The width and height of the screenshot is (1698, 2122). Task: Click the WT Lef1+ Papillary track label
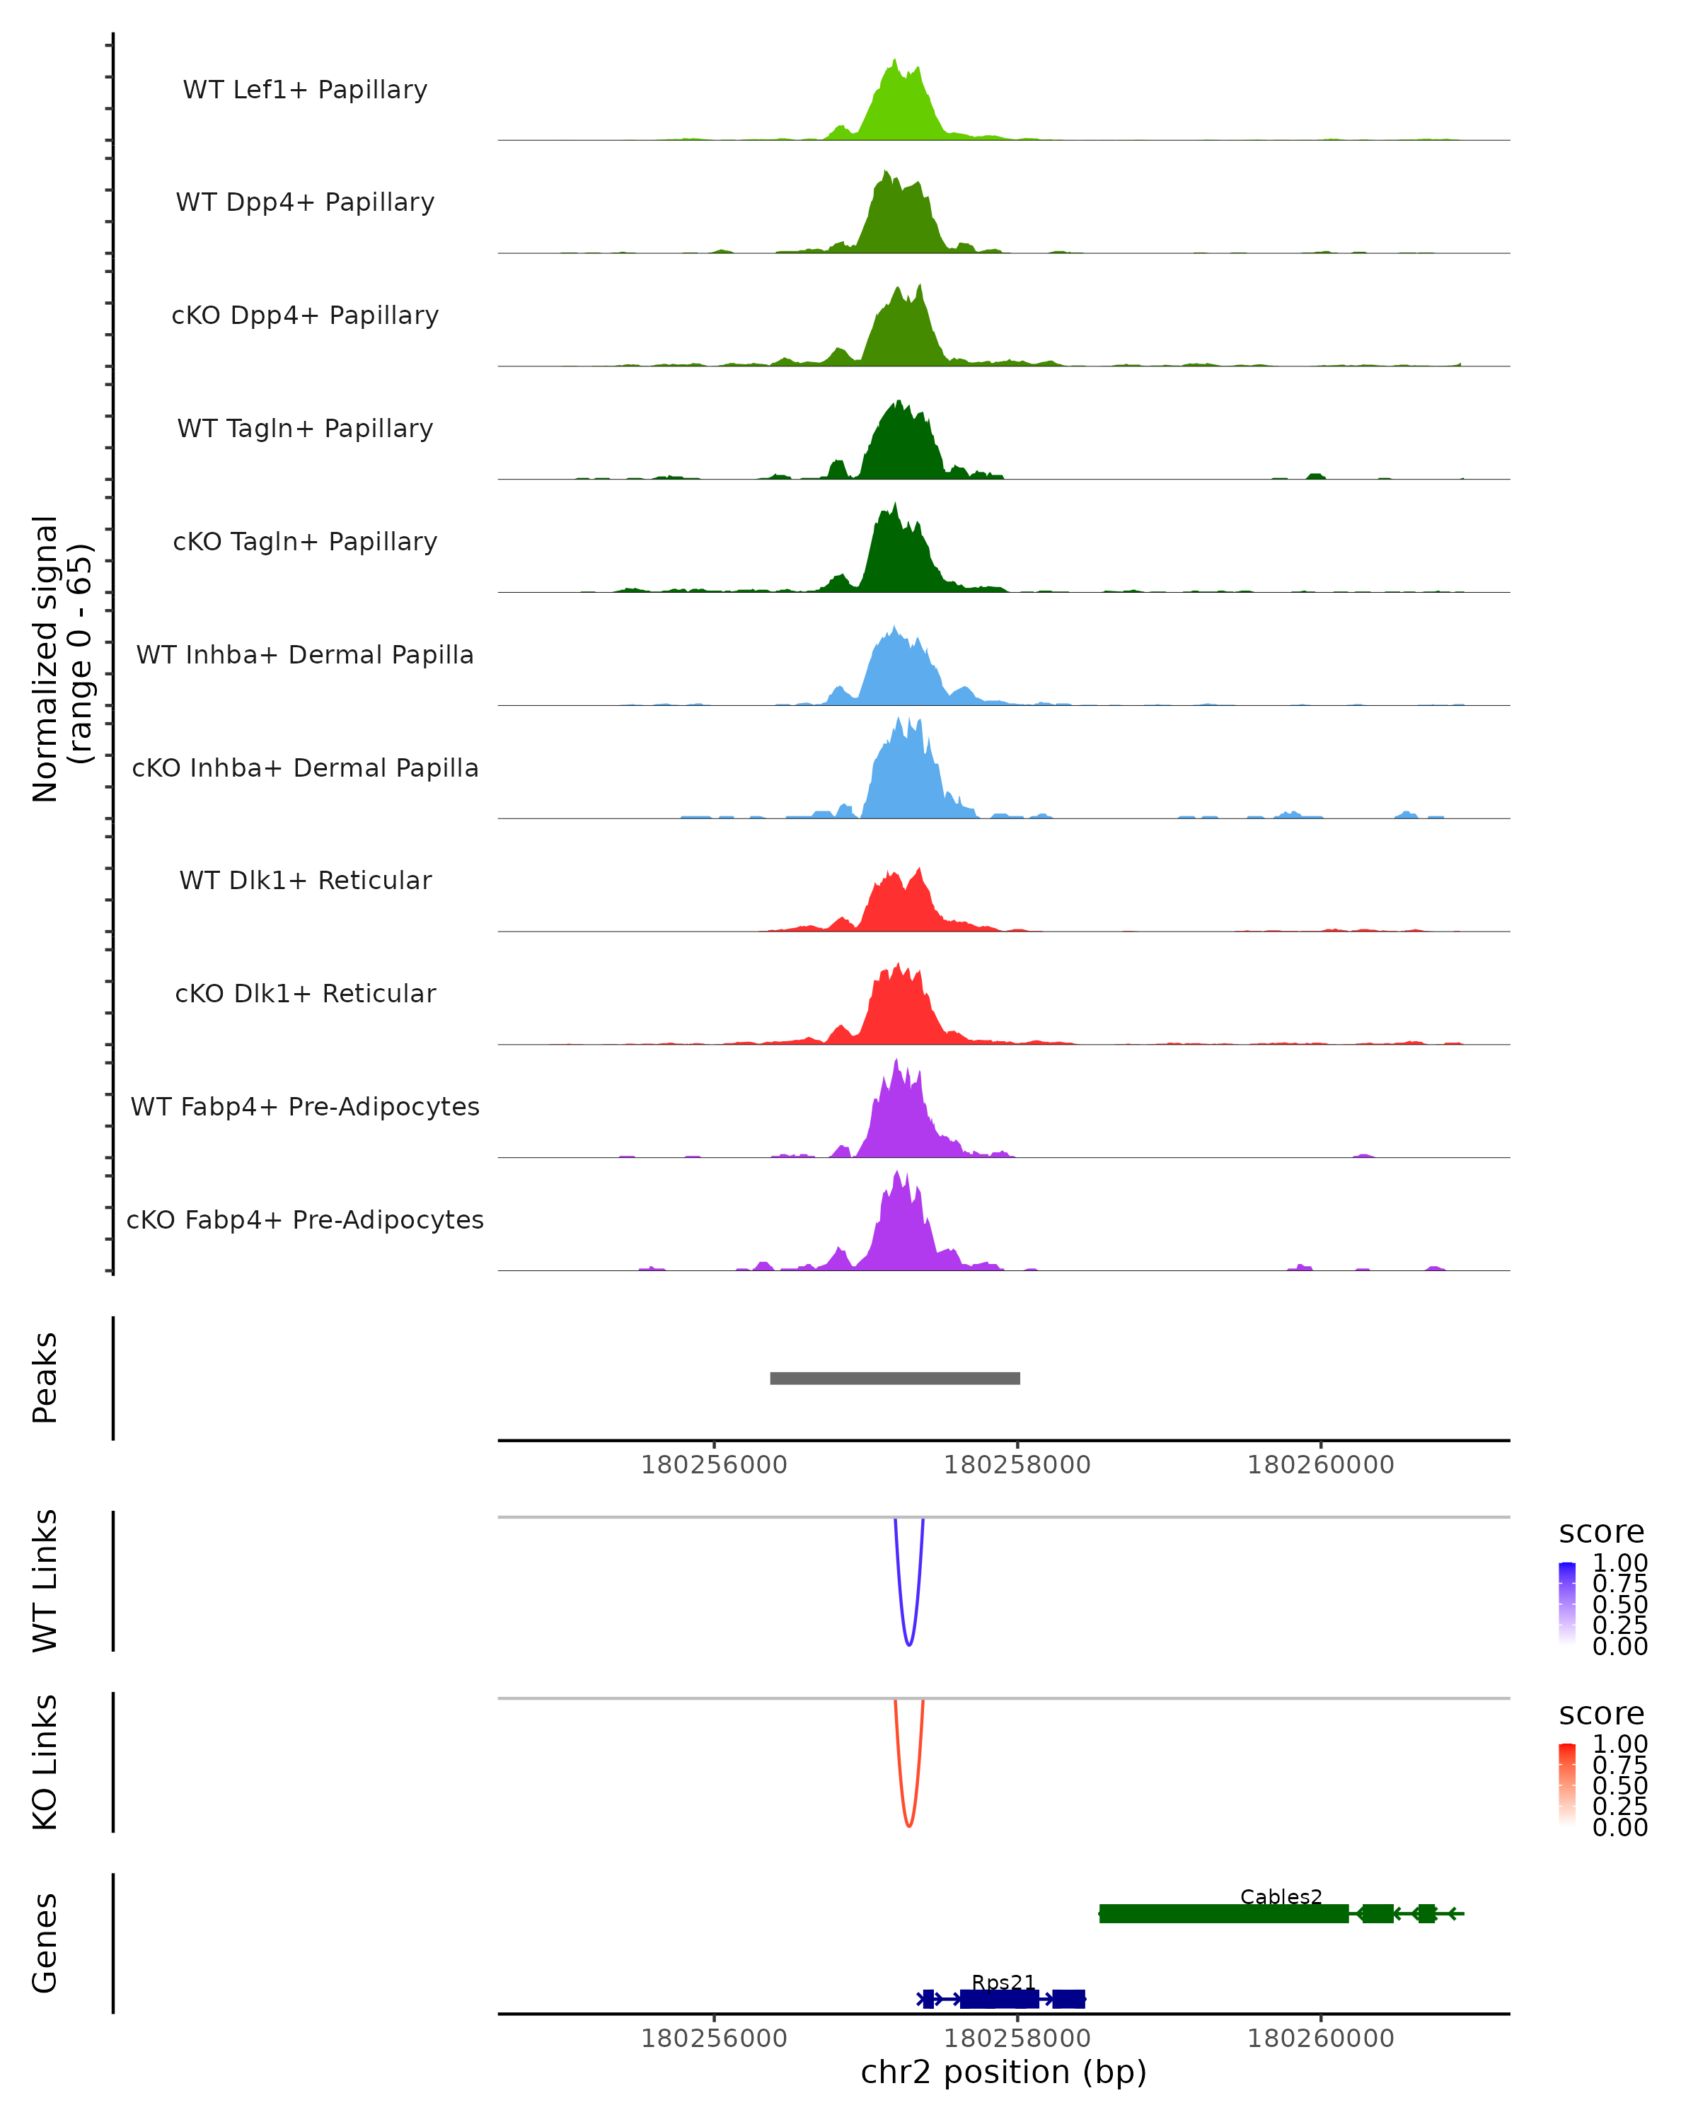[305, 90]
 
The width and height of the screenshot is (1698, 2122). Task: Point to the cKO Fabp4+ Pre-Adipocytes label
[305, 1219]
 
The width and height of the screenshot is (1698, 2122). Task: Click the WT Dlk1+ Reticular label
[305, 881]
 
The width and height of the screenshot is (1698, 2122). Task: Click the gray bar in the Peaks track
[895, 1378]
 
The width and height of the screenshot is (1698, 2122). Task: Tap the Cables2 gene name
[1281, 1896]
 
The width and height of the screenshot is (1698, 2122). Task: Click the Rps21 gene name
[1003, 1982]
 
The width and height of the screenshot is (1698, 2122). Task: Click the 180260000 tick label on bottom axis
[1320, 2039]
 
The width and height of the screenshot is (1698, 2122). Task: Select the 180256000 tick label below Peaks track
[714, 1466]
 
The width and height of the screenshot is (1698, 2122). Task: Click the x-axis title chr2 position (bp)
[1003, 2072]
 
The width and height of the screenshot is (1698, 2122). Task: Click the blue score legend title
[1600, 1533]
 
